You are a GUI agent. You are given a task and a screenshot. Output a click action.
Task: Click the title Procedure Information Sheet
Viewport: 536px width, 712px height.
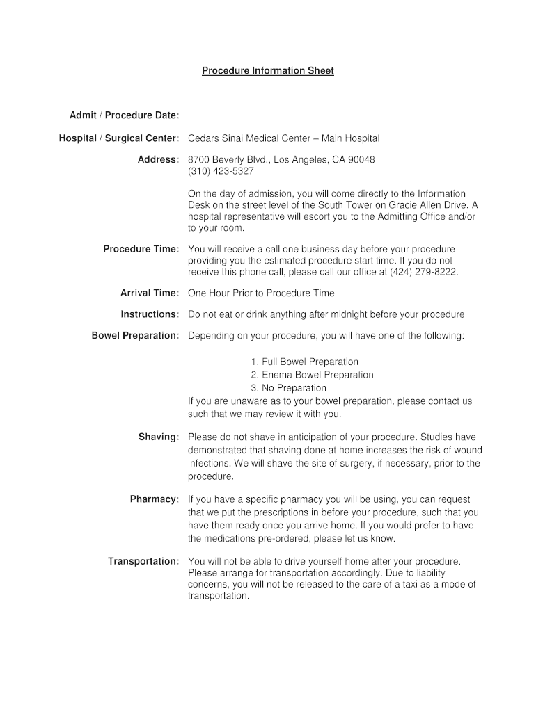pos(268,71)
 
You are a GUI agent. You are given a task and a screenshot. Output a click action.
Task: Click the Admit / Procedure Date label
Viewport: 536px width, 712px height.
pos(124,114)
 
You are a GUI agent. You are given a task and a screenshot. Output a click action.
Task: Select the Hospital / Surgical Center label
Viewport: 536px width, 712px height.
pos(119,138)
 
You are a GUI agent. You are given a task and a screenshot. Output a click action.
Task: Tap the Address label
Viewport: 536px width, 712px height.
pos(158,159)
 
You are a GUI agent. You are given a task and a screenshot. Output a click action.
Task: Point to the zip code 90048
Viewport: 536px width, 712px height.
pos(361,159)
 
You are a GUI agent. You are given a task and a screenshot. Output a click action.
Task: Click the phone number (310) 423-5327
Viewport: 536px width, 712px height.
pos(221,170)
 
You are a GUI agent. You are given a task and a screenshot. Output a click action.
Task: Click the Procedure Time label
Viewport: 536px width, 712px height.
pos(141,249)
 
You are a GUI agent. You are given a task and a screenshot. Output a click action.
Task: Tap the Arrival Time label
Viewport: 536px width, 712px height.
pos(150,293)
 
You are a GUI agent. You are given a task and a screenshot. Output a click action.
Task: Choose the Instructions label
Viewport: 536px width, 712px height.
pos(150,314)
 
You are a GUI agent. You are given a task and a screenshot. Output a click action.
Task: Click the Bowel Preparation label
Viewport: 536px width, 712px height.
pos(135,336)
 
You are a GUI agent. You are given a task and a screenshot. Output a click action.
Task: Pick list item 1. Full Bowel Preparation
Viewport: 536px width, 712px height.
pos(305,362)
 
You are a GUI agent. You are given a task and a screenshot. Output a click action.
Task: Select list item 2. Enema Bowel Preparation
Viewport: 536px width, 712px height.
pos(312,375)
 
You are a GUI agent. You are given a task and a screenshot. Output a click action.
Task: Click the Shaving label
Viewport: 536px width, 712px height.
pos(159,437)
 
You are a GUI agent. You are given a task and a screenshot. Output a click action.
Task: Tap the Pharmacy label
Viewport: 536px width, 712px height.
pos(155,499)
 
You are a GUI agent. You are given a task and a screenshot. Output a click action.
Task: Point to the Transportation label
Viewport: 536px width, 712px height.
pos(143,561)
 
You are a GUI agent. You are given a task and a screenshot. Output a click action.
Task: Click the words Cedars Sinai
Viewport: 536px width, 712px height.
pos(214,138)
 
